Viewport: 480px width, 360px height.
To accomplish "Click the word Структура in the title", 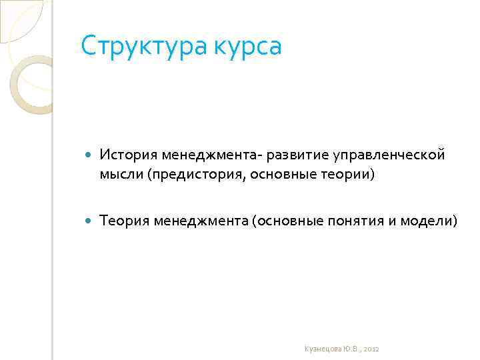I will click(x=133, y=47).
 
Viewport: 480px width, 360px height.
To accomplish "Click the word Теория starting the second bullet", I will click(x=123, y=221).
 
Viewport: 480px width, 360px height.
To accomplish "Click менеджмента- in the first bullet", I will click(x=211, y=155).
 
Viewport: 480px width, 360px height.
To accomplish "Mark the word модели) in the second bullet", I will click(x=429, y=221).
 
